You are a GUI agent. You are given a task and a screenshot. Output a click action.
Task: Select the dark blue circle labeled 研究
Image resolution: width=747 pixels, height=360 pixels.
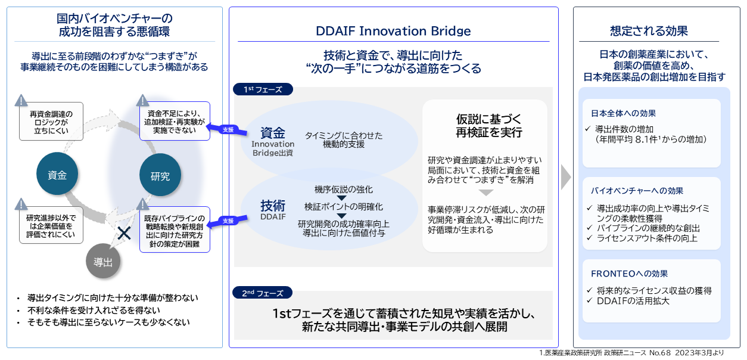pos(160,176)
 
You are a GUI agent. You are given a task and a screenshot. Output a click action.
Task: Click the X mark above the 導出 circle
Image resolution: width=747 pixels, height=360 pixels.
pos(124,233)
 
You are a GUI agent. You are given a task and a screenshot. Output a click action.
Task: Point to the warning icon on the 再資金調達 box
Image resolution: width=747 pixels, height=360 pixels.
pos(21,100)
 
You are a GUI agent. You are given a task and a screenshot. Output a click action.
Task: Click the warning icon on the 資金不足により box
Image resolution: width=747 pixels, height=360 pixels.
pos(142,100)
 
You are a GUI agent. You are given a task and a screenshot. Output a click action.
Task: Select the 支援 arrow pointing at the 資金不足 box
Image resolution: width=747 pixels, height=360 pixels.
pos(227,129)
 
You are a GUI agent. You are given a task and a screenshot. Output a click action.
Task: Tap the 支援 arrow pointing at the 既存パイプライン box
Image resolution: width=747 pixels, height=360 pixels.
pos(227,220)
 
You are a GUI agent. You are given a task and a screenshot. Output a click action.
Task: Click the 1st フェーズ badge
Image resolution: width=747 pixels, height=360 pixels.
pos(262,89)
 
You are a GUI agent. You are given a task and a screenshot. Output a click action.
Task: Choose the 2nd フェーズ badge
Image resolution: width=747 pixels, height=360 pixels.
pos(262,293)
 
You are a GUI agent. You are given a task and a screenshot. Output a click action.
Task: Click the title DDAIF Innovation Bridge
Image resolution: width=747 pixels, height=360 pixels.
pos(393,31)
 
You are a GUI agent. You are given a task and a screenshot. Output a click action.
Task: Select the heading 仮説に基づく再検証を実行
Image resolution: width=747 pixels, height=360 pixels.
pos(485,125)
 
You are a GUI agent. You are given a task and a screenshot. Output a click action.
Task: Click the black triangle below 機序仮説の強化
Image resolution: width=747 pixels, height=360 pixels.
pos(341,198)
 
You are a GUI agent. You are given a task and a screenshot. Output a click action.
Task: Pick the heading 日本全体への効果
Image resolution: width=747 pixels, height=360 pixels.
pos(624,113)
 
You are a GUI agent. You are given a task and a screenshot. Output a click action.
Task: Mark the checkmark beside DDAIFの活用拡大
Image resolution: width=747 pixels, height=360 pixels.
pos(590,301)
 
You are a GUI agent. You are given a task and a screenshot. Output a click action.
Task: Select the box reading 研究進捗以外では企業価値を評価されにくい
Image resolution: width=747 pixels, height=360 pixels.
pos(51,226)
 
